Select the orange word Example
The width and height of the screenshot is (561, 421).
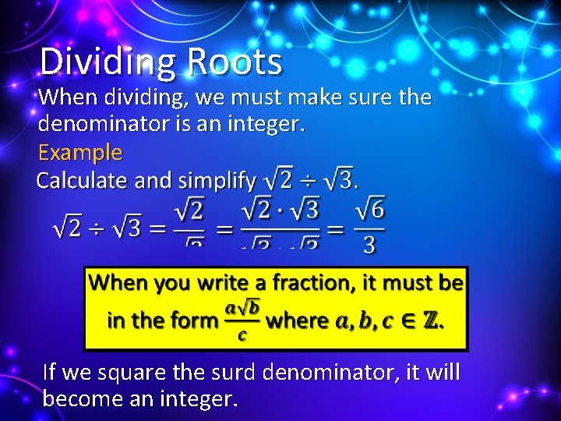point(80,151)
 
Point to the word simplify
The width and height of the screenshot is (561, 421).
point(217,181)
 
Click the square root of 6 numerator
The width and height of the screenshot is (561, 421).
point(369,209)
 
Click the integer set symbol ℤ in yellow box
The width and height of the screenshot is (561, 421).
point(432,320)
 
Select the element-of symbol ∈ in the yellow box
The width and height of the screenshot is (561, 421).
point(406,320)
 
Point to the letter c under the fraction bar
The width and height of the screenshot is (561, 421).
point(242,335)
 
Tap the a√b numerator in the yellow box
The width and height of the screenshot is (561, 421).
point(242,308)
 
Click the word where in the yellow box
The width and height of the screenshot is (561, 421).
point(298,320)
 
